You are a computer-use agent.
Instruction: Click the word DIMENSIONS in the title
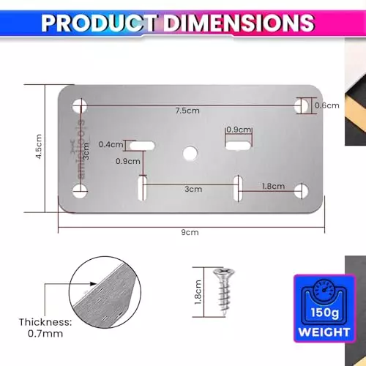(238, 22)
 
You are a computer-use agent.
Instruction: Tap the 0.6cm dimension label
(326, 105)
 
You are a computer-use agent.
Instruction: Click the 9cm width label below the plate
(190, 233)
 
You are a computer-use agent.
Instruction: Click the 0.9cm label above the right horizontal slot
(238, 130)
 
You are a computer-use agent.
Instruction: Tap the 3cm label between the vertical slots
(193, 188)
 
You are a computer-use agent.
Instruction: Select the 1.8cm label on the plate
(273, 187)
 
